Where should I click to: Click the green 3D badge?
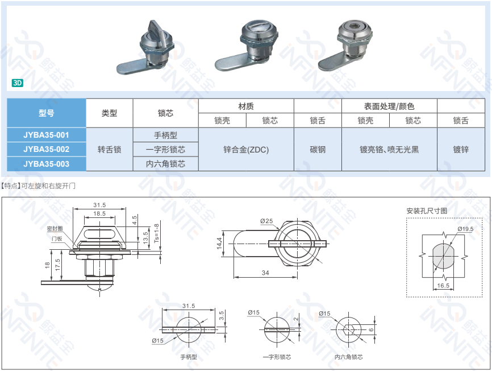(x=17, y=83)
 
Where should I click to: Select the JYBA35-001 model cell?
(x=47, y=135)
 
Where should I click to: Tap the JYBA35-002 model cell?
(x=47, y=150)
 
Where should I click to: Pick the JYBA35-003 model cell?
(x=47, y=164)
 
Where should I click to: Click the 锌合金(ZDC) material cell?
(x=246, y=150)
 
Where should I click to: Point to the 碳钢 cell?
(x=318, y=150)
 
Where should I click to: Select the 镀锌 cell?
(x=461, y=150)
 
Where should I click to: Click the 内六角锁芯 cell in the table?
(x=166, y=164)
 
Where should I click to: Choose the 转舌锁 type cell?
(x=109, y=150)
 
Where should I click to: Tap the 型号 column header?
(x=47, y=113)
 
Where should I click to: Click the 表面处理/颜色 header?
(x=389, y=106)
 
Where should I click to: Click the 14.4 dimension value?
(x=219, y=244)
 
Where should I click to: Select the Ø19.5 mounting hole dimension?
(x=465, y=229)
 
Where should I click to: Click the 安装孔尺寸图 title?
(x=426, y=211)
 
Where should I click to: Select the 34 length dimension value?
(x=265, y=273)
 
